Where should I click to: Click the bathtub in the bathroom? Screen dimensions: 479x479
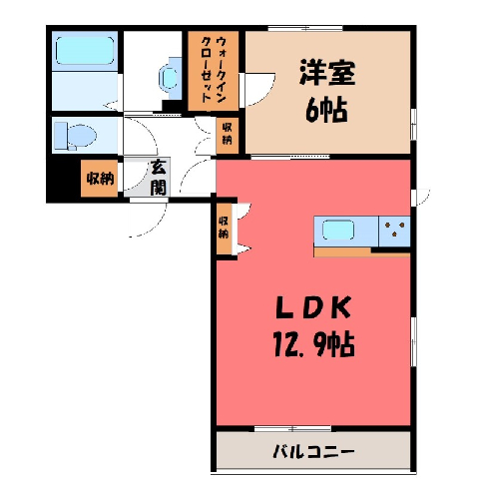(85, 50)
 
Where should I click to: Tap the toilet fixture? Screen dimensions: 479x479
(76, 136)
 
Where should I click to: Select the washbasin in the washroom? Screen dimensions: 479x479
(170, 78)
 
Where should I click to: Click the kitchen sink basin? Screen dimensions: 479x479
(338, 230)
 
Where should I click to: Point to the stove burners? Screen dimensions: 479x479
(395, 230)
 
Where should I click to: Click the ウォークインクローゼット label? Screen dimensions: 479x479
(214, 70)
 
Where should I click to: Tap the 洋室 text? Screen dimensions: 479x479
(327, 73)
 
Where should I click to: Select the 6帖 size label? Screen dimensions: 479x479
(327, 110)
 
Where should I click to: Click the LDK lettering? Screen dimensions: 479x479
(313, 307)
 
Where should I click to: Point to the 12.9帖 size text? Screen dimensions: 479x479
(314, 344)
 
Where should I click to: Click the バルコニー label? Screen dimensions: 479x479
(313, 452)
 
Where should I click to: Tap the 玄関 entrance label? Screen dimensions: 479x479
(158, 178)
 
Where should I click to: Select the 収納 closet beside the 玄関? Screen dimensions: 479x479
(100, 179)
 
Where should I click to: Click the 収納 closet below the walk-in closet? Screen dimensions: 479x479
(228, 136)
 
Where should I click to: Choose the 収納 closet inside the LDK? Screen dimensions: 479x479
(224, 229)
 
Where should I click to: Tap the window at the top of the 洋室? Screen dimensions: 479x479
(305, 28)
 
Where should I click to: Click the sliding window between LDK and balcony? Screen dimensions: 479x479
(293, 428)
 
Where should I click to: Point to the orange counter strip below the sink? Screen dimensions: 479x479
(361, 251)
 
